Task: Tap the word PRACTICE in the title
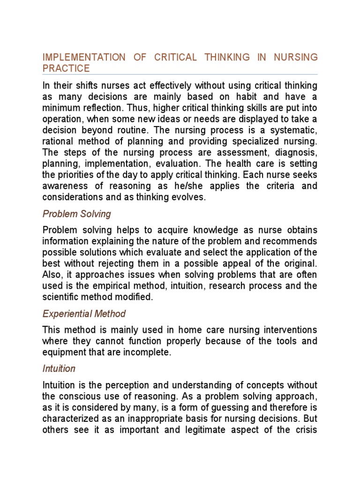(x=66, y=68)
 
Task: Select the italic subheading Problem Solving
(x=76, y=214)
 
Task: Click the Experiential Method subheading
(x=84, y=314)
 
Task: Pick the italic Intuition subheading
(x=59, y=368)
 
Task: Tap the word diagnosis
(x=296, y=153)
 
